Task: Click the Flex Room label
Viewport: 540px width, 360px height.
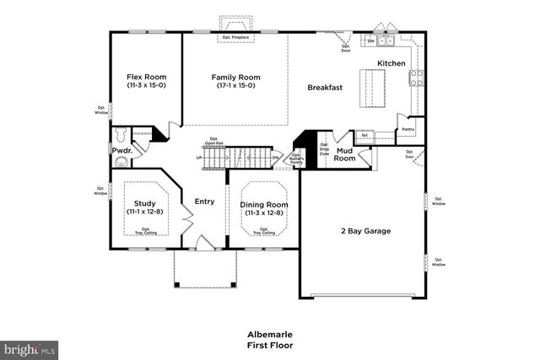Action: click(x=144, y=77)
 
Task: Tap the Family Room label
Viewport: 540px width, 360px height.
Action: click(x=235, y=77)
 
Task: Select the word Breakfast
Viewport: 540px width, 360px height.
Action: click(x=324, y=87)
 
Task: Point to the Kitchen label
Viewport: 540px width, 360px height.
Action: click(x=391, y=64)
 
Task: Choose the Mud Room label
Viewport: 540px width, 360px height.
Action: click(x=344, y=154)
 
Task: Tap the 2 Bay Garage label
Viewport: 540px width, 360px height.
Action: click(x=365, y=230)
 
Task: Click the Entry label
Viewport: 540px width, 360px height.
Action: click(x=204, y=201)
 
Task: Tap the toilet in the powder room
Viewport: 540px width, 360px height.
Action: click(x=120, y=135)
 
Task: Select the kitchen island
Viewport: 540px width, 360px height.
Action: click(x=370, y=88)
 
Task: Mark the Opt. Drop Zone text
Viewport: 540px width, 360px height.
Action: click(x=324, y=151)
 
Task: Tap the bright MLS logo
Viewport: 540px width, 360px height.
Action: click(x=30, y=347)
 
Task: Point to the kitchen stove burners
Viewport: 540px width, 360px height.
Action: click(x=416, y=78)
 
